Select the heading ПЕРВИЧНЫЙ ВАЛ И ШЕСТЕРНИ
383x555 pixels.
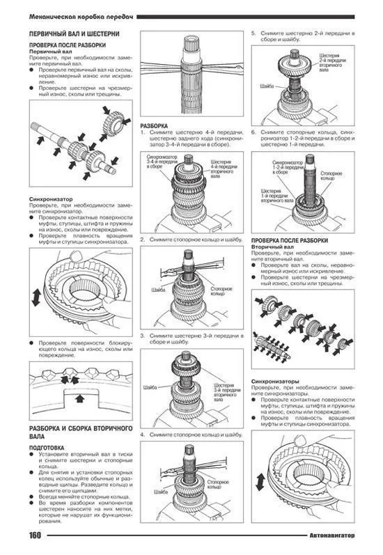pyautogui.click(x=73, y=33)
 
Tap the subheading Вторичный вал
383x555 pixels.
pyautogui.click(x=272, y=247)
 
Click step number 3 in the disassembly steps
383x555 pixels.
pyautogui.click(x=142, y=336)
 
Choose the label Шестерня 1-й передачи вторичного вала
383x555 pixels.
pyautogui.click(x=271, y=194)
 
